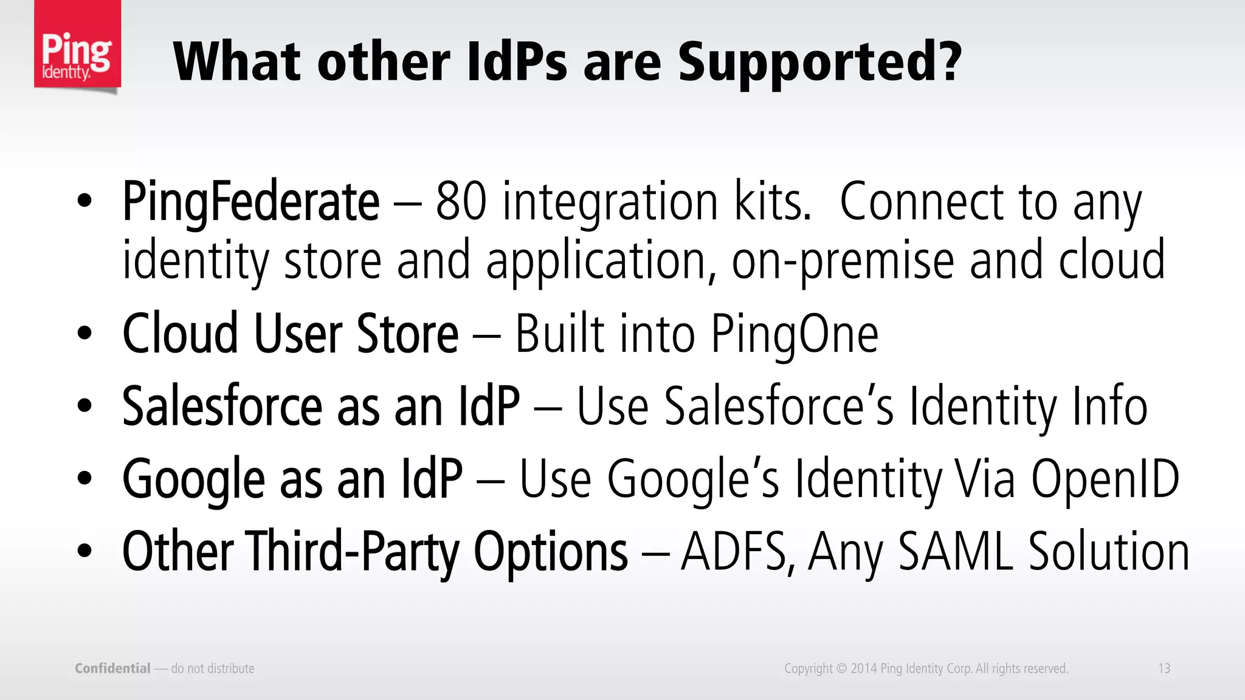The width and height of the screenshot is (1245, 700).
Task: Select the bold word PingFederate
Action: [250, 202]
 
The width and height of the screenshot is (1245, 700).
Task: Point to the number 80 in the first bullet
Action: [461, 202]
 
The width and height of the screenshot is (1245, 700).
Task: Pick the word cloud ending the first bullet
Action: [1112, 260]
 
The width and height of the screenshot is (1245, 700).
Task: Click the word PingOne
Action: [795, 334]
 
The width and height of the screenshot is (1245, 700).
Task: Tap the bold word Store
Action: [407, 334]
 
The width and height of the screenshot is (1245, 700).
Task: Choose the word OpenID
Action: [1105, 479]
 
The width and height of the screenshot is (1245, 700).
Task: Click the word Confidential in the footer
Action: [112, 668]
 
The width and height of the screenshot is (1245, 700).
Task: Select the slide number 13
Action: [1164, 668]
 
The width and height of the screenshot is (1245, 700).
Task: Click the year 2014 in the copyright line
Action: [863, 668]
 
